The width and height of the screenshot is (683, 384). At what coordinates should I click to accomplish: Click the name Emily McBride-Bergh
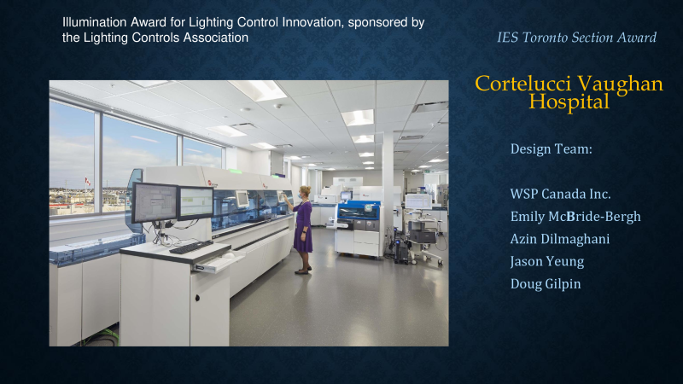click(x=575, y=217)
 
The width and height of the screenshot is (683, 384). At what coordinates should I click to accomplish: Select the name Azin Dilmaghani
click(x=560, y=239)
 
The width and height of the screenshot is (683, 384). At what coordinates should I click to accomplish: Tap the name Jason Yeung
click(x=547, y=262)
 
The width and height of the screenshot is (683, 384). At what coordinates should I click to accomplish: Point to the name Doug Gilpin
click(x=546, y=284)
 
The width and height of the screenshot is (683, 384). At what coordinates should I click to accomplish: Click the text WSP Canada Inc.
click(x=560, y=195)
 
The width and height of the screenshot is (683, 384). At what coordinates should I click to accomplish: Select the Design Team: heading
click(x=551, y=148)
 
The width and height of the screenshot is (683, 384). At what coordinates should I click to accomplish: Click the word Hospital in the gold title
click(x=569, y=102)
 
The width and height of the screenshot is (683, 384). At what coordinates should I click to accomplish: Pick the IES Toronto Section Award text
click(x=577, y=38)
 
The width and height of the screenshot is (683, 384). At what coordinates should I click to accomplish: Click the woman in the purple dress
click(x=303, y=230)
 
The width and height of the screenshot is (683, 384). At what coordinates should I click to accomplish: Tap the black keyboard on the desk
click(x=190, y=247)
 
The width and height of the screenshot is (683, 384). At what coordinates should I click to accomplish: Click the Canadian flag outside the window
click(x=88, y=181)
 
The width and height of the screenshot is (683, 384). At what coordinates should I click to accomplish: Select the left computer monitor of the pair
click(x=155, y=203)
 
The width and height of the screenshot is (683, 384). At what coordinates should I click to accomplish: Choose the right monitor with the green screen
click(x=196, y=203)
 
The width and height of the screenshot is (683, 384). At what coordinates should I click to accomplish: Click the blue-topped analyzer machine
click(x=358, y=229)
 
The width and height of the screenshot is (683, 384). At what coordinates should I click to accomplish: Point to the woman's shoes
click(x=304, y=271)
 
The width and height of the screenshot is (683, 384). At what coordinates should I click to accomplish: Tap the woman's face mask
click(x=301, y=196)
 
